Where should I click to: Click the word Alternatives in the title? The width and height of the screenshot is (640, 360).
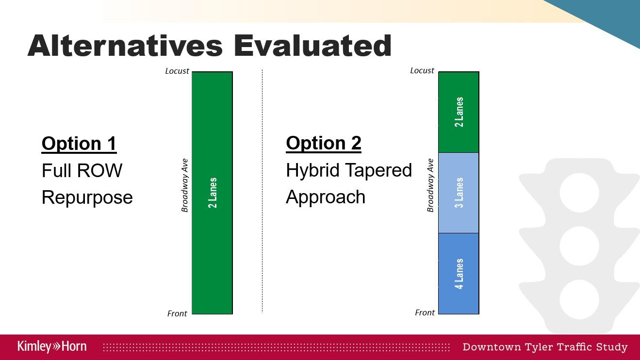coord(125,46)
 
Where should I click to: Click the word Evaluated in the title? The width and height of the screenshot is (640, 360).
coord(313,46)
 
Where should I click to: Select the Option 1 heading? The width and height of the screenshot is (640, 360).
coord(79,144)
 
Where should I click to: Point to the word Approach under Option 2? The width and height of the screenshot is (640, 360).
coord(326,198)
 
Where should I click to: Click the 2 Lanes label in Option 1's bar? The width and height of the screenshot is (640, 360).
coord(213,193)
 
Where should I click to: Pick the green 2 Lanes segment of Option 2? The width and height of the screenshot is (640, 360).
coord(459,112)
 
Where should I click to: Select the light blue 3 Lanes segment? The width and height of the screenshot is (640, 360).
coord(459,193)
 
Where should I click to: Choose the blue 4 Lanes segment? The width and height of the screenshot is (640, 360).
coord(459,274)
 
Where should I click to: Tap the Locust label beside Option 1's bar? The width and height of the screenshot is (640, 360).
coord(177,71)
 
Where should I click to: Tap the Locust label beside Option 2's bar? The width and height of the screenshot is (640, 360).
coord(422,70)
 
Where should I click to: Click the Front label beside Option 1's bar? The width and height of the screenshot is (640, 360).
coord(177,313)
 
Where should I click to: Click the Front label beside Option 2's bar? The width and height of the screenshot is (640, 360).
coord(425,312)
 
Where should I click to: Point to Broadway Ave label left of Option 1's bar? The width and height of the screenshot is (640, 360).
coord(185,185)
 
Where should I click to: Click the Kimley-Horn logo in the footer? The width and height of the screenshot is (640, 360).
coord(52,346)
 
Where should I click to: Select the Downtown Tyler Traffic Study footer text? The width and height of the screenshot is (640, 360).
coord(545,347)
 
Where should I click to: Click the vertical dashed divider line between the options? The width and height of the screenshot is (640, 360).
coord(263,191)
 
